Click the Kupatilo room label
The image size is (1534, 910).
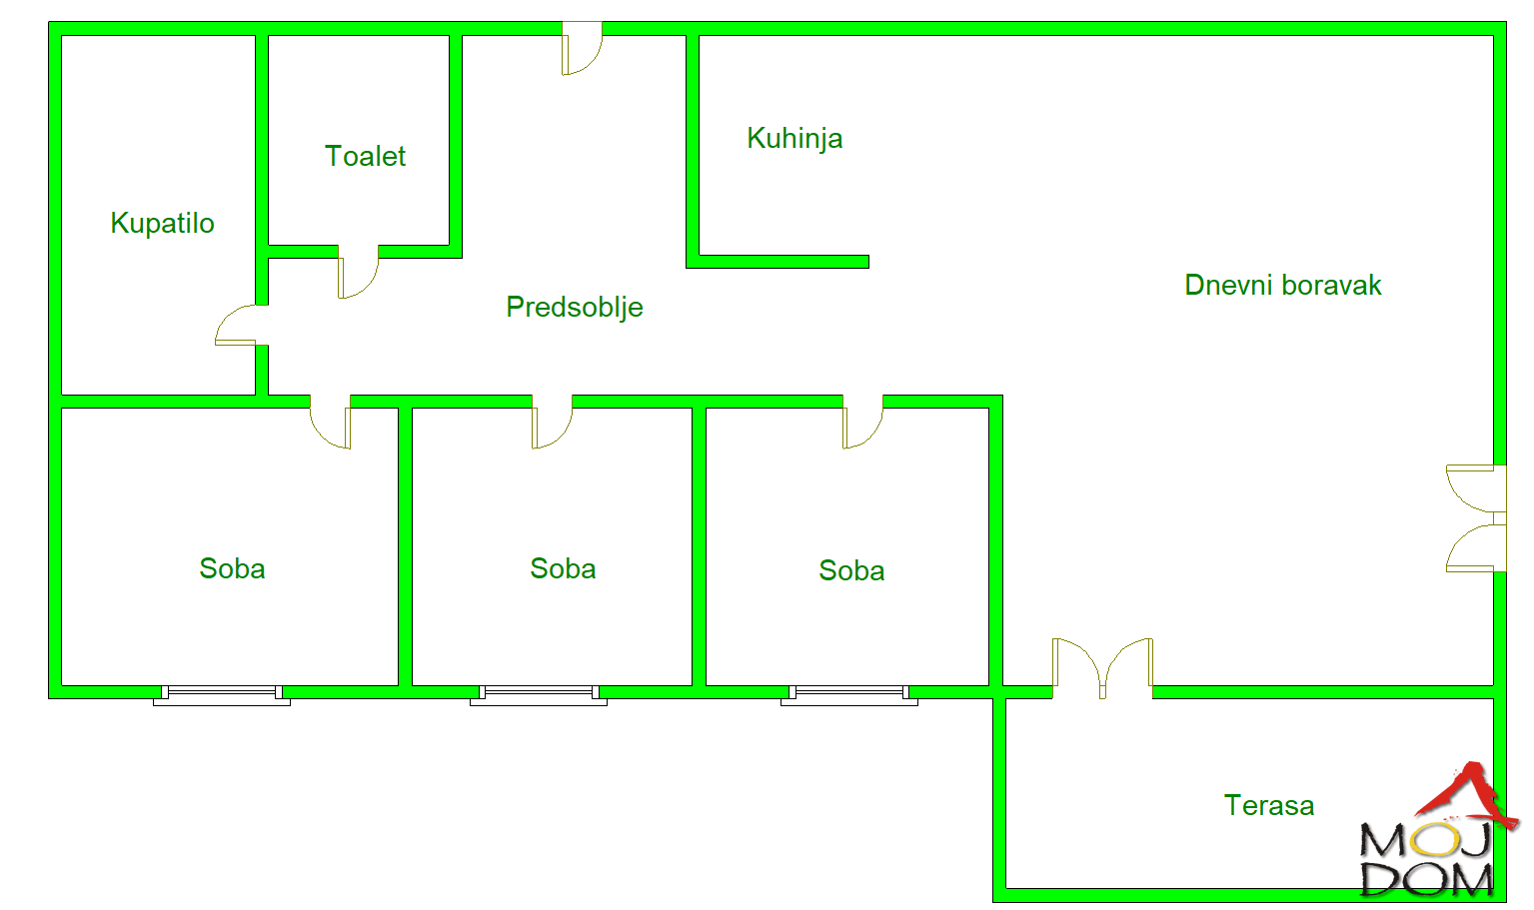click(x=162, y=223)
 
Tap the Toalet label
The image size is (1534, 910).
click(x=365, y=156)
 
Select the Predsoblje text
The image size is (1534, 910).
click(x=575, y=308)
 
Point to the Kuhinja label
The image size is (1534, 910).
click(x=794, y=139)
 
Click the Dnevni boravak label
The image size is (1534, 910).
click(x=1283, y=285)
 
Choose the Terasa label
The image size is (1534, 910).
click(x=1269, y=805)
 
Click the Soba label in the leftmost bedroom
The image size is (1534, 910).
click(x=232, y=568)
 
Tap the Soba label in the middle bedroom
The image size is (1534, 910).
click(x=563, y=568)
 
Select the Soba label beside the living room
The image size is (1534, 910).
click(x=851, y=570)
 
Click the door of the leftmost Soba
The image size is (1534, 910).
click(x=330, y=422)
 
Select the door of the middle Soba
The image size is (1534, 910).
click(x=552, y=422)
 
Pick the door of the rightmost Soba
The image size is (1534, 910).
click(x=862, y=422)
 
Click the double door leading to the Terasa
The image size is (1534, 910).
click(x=1102, y=668)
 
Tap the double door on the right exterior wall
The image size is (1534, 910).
click(x=1476, y=518)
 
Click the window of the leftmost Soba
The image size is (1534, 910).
click(x=222, y=695)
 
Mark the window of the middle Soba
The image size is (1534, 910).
click(x=539, y=695)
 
